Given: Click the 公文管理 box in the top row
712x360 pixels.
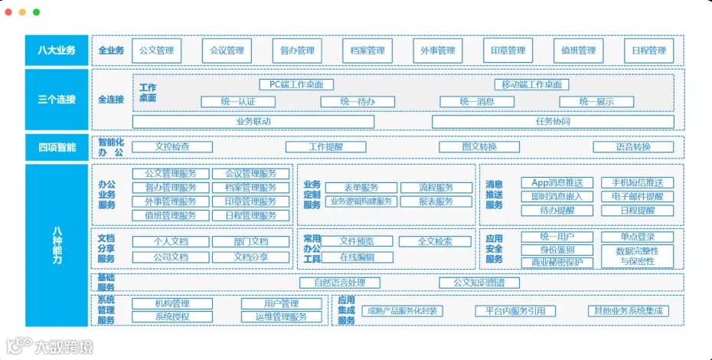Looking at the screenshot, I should [x=157, y=51].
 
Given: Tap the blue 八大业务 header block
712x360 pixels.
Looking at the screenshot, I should [x=57, y=51].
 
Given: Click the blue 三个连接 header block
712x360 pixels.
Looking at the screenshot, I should [x=57, y=100].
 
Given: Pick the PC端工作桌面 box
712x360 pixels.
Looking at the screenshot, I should [x=296, y=84].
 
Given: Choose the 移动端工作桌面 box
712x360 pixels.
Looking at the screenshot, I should [x=532, y=84].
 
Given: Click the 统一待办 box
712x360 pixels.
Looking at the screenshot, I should [x=358, y=101].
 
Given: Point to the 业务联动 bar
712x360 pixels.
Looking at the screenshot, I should [x=253, y=121].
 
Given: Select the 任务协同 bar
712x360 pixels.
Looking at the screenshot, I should [x=553, y=121].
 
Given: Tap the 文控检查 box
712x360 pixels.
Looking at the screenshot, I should [x=172, y=146].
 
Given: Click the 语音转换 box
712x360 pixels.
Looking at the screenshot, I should [x=633, y=146].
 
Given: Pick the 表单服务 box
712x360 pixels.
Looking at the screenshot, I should [x=361, y=188].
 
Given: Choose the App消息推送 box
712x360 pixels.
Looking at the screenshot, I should [x=557, y=182].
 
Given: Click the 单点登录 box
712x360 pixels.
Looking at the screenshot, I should [x=637, y=237].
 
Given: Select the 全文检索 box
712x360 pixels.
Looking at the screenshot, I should [x=435, y=241].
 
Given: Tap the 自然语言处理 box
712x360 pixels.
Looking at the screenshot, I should [x=340, y=283].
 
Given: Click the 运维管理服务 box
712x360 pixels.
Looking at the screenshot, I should [x=281, y=316].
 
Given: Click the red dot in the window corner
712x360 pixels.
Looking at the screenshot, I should [x=11, y=12].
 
